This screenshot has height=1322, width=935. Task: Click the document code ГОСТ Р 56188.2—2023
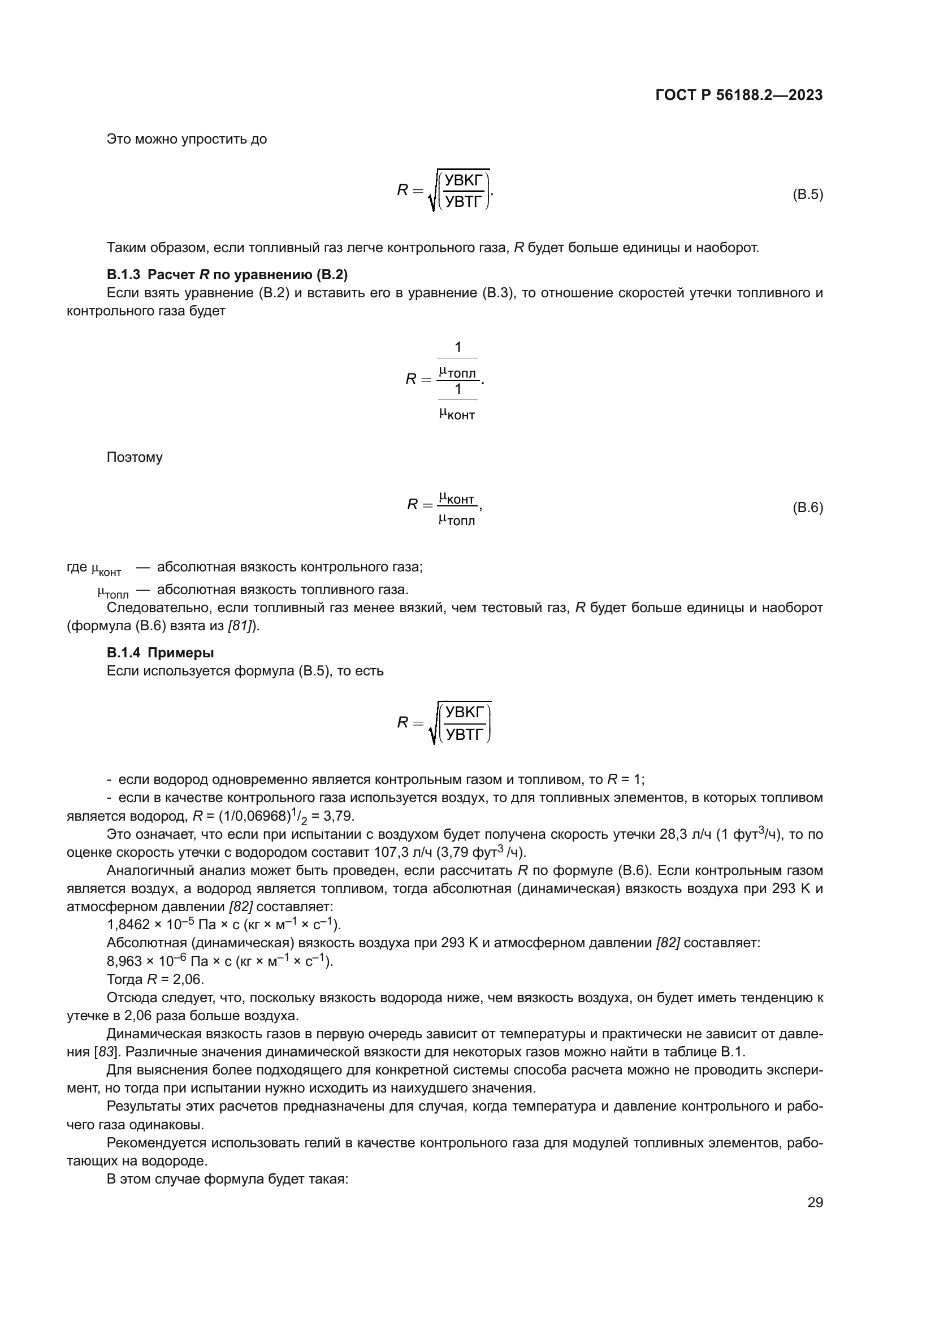point(739,95)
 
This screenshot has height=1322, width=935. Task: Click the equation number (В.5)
point(808,194)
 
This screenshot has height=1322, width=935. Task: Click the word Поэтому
point(135,457)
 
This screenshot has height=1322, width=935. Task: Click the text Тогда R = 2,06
point(155,979)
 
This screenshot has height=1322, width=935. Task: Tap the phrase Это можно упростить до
point(187,140)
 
